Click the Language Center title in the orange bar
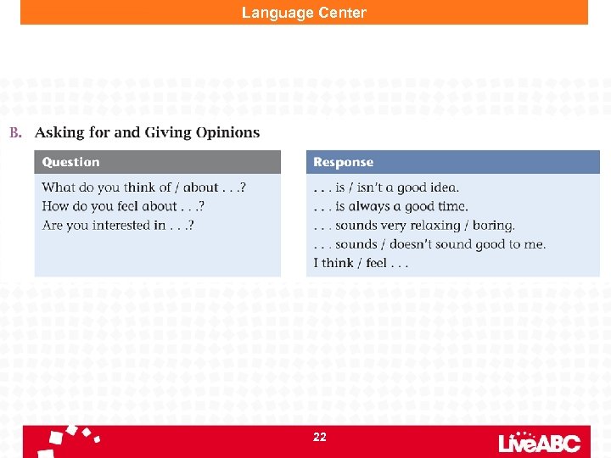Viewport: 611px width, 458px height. [x=304, y=13]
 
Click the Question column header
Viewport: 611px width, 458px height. [x=70, y=162]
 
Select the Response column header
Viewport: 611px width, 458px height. [x=343, y=162]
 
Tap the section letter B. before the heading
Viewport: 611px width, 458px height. [x=15, y=132]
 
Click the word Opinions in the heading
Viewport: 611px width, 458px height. [x=227, y=132]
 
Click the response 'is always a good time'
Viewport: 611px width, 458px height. [x=390, y=206]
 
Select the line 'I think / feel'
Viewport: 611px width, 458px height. [x=361, y=263]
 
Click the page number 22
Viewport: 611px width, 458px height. [x=319, y=437]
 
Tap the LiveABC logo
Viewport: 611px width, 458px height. [x=539, y=441]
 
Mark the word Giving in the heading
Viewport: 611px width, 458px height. [x=168, y=132]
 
